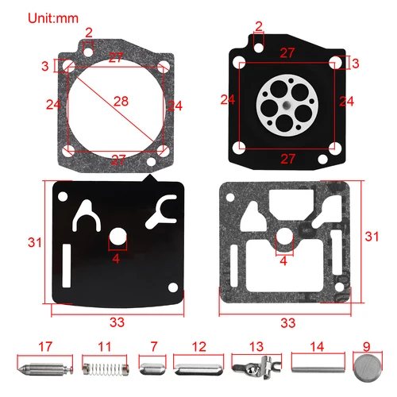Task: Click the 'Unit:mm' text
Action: pos(32,16)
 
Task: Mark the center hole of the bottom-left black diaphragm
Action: pos(116,237)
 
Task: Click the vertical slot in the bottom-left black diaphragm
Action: pos(66,263)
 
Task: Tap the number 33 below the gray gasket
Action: pos(288,322)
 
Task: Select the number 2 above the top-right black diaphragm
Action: pos(258,26)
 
